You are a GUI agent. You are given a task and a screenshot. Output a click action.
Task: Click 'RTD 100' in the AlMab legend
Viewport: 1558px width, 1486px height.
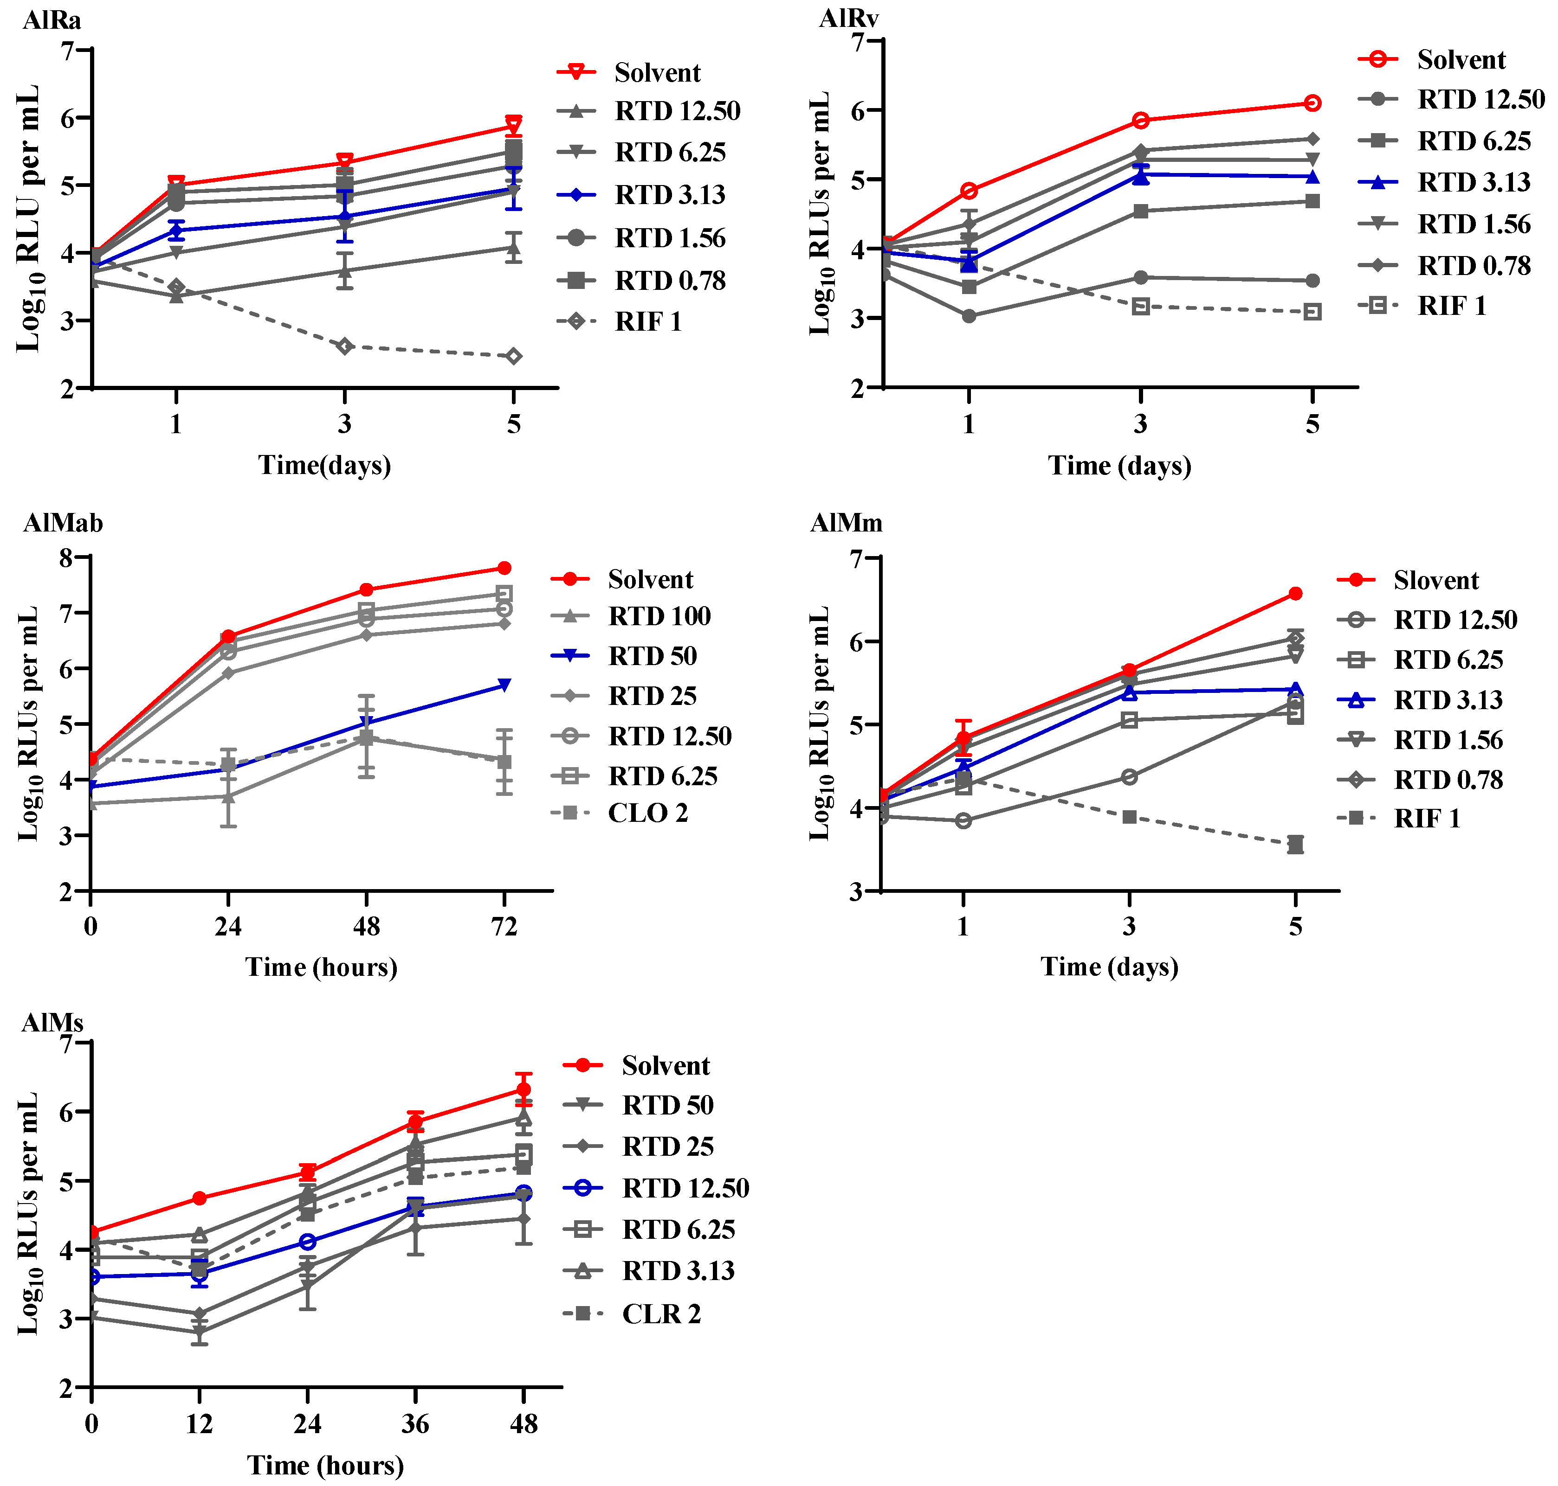click(659, 616)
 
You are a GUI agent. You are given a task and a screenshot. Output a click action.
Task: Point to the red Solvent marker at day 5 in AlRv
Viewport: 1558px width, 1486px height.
click(1312, 103)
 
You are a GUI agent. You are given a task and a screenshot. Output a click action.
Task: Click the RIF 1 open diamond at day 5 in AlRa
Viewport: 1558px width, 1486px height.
click(513, 357)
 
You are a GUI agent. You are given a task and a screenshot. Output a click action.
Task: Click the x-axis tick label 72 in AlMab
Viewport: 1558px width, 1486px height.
click(504, 926)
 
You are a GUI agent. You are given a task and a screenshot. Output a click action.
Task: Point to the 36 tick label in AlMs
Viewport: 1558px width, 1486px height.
click(415, 1424)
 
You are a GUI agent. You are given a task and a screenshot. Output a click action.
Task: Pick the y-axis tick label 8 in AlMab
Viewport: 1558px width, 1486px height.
click(66, 558)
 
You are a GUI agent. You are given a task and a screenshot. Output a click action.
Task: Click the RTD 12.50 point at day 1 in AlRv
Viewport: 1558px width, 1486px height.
click(969, 316)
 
